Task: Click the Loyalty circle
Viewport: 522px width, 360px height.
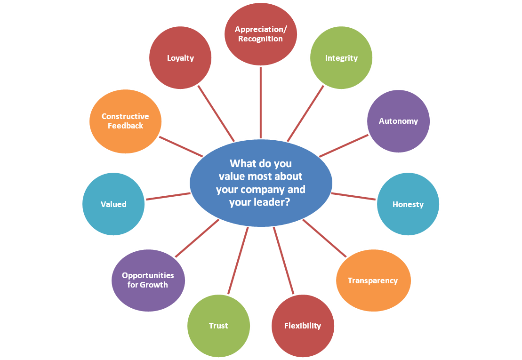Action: click(x=180, y=58)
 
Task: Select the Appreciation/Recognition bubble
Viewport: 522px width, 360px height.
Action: click(x=260, y=34)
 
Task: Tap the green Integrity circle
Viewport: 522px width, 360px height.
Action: click(x=341, y=58)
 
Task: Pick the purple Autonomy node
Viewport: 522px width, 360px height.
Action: click(x=398, y=121)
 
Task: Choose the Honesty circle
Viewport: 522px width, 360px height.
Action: click(x=408, y=204)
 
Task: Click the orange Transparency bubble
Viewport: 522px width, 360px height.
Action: click(x=373, y=280)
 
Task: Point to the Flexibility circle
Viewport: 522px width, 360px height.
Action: click(x=303, y=326)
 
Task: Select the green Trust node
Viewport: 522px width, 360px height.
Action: click(x=218, y=326)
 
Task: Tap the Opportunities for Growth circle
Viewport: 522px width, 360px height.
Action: click(x=148, y=280)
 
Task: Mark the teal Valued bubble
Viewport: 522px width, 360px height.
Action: click(x=113, y=204)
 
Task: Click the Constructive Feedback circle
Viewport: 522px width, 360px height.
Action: click(x=125, y=121)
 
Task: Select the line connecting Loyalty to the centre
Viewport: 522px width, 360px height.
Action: click(x=216, y=113)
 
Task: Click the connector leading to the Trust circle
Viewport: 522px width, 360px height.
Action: click(x=238, y=261)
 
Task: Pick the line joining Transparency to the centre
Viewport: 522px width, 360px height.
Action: click(x=325, y=238)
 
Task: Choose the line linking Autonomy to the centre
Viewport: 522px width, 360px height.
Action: click(x=343, y=146)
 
